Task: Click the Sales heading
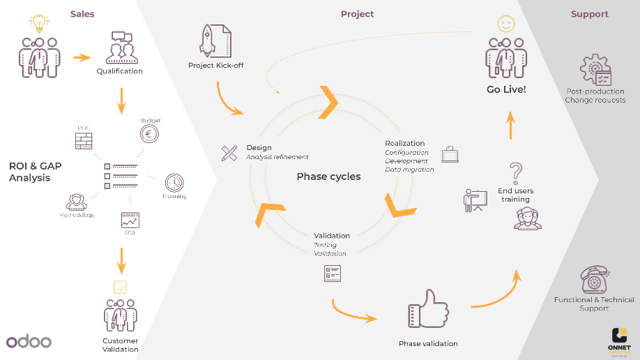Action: (82, 14)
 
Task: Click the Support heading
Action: (589, 14)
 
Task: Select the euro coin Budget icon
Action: (148, 135)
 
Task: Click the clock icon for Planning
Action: (174, 183)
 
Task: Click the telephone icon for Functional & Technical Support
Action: (594, 280)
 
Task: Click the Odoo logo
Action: (29, 342)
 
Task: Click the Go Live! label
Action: (506, 89)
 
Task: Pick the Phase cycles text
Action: (328, 177)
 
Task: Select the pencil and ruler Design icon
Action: (229, 153)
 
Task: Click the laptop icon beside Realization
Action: (450, 154)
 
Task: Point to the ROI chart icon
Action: (130, 220)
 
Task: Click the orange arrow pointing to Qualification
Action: (82, 58)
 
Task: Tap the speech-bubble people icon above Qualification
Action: (119, 48)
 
